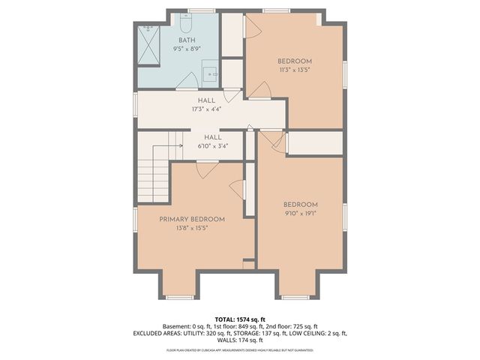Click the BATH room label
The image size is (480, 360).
[187, 40]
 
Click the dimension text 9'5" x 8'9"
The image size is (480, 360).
[187, 49]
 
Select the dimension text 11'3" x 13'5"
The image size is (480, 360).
[294, 70]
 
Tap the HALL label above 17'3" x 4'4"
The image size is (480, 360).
[206, 100]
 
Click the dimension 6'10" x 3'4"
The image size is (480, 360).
[212, 147]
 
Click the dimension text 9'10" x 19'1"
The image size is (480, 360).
[300, 214]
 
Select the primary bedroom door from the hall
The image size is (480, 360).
[202, 170]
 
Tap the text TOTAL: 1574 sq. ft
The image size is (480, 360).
[240, 319]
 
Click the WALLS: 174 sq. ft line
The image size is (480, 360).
[240, 340]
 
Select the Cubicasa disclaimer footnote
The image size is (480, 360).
[240, 350]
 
